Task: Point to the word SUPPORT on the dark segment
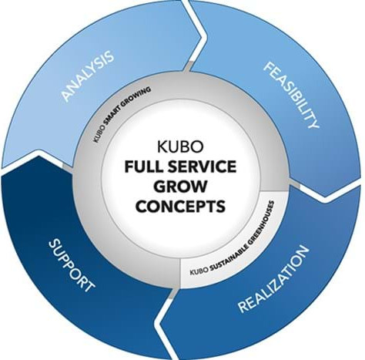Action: (x=71, y=264)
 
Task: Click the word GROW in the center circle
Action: (x=182, y=187)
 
